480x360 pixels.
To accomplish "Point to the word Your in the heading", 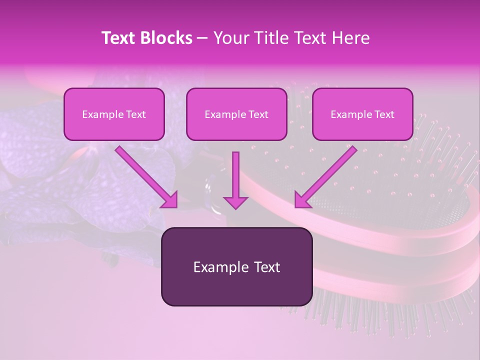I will pyautogui.click(x=229, y=38).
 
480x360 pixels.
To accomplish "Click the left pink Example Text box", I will pyautogui.click(x=114, y=114).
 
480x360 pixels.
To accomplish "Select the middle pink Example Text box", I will pyautogui.click(x=236, y=114).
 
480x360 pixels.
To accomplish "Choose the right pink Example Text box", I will pyautogui.click(x=362, y=114).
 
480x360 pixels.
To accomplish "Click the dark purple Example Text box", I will pyautogui.click(x=236, y=266).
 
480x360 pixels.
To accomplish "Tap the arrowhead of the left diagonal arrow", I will pyautogui.click(x=170, y=200).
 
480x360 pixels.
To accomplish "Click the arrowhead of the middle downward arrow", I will pyautogui.click(x=235, y=202).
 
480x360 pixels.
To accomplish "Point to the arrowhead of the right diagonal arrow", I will pyautogui.click(x=302, y=200).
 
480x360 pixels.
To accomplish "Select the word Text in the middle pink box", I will pyautogui.click(x=258, y=114).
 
